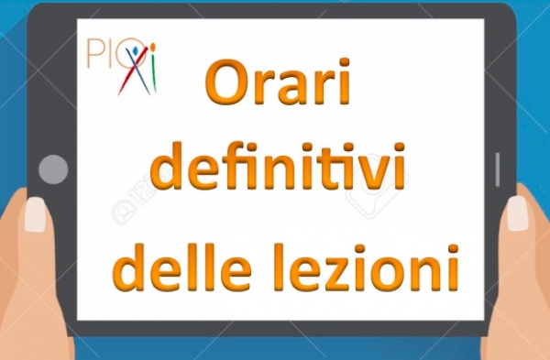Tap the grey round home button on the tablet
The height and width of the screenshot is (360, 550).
tap(53, 169)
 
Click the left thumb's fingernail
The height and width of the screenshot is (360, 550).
tap(36, 214)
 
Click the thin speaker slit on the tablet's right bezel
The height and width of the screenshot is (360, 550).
tap(498, 169)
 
